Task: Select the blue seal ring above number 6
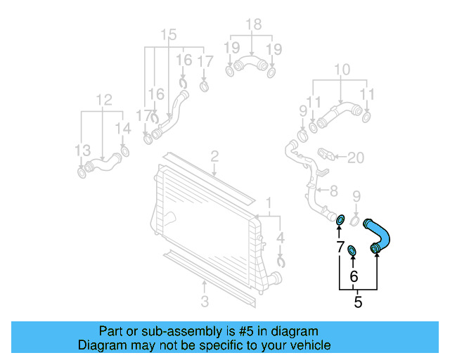(x=353, y=250)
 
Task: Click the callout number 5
(x=358, y=303)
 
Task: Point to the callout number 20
(x=356, y=157)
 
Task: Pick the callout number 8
(x=333, y=190)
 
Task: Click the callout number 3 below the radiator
(x=204, y=302)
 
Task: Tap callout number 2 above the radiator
(x=214, y=156)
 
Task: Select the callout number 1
(x=269, y=204)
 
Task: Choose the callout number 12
(x=104, y=101)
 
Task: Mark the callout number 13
(x=83, y=150)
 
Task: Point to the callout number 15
(x=169, y=35)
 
